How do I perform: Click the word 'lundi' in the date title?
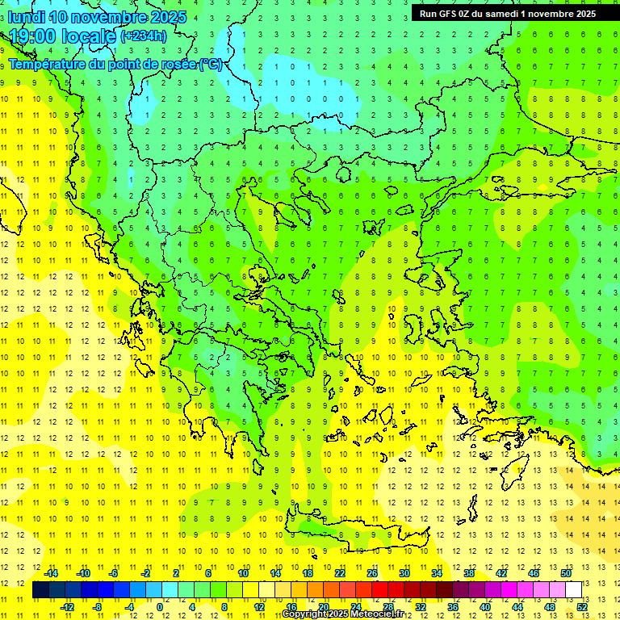pos(25,17)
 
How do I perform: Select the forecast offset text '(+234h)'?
pos(143,36)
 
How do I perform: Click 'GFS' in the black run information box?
pos(446,13)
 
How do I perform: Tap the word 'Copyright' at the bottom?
pos(304,614)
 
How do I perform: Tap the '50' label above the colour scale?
pos(565,573)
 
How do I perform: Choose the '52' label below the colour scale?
pos(582,607)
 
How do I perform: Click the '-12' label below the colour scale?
pos(67,607)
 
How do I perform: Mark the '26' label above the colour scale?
pos(372,573)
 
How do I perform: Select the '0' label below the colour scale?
pos(161,607)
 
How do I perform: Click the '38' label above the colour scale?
pos(469,573)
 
